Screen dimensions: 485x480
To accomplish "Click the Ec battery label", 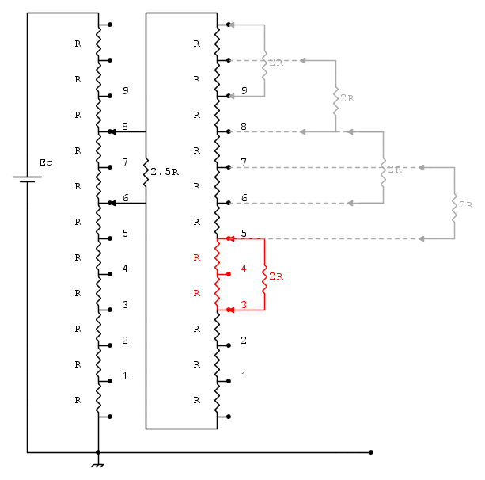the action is pyautogui.click(x=46, y=162).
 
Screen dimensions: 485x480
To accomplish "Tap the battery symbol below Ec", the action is pyautogui.click(x=27, y=179).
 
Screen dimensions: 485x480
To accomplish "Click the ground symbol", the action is pyautogui.click(x=97, y=465).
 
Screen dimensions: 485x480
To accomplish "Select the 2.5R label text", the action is pyautogui.click(x=165, y=172).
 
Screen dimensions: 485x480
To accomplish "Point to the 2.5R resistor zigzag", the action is pyautogui.click(x=146, y=172).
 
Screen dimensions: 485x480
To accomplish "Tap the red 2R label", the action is pyautogui.click(x=276, y=276).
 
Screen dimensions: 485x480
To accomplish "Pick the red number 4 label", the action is pyautogui.click(x=244, y=269).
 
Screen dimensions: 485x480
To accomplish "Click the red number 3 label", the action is pyautogui.click(x=244, y=305).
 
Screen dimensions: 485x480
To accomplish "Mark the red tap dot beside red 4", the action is pyautogui.click(x=229, y=274).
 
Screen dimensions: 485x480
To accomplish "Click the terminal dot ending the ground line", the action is pyautogui.click(x=371, y=452).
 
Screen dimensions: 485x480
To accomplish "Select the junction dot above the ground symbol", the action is pyautogui.click(x=98, y=452).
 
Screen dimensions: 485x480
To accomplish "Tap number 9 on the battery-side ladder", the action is pyautogui.click(x=125, y=90).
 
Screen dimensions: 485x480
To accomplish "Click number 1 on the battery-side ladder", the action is pyautogui.click(x=125, y=376).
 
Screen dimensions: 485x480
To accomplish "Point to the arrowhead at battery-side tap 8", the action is pyautogui.click(x=113, y=132).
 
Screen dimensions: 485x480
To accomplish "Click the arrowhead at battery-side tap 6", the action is pyautogui.click(x=113, y=203).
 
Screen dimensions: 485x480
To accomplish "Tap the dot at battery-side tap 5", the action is pyautogui.click(x=110, y=238).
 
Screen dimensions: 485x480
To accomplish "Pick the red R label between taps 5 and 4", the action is pyautogui.click(x=197, y=257).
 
